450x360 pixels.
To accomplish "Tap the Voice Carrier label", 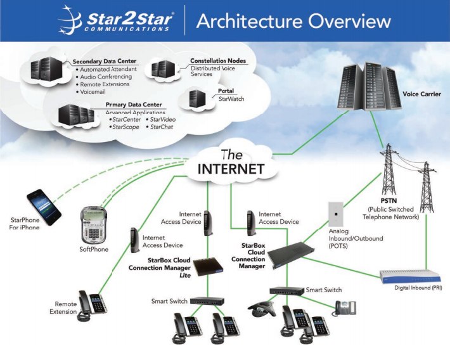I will click(421, 94).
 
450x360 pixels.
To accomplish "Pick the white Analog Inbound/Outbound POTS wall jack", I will click(336, 215).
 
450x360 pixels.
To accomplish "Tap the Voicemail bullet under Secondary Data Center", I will click(95, 91).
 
